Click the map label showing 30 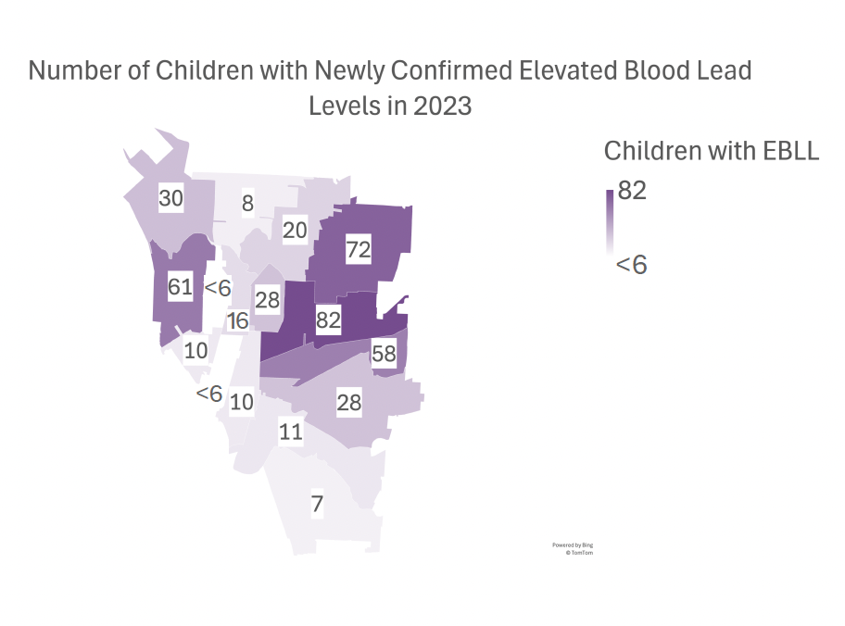(x=170, y=198)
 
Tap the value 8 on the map (x=247, y=204)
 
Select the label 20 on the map (x=295, y=231)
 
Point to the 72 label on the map (x=359, y=248)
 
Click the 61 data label (x=180, y=286)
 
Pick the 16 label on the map (x=238, y=321)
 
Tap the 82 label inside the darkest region (x=329, y=321)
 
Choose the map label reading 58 (x=384, y=353)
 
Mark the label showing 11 (x=291, y=432)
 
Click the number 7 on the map (x=317, y=505)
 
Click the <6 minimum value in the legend (x=631, y=265)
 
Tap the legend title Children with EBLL (x=711, y=151)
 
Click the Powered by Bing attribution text (x=572, y=545)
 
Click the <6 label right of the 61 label (x=217, y=288)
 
